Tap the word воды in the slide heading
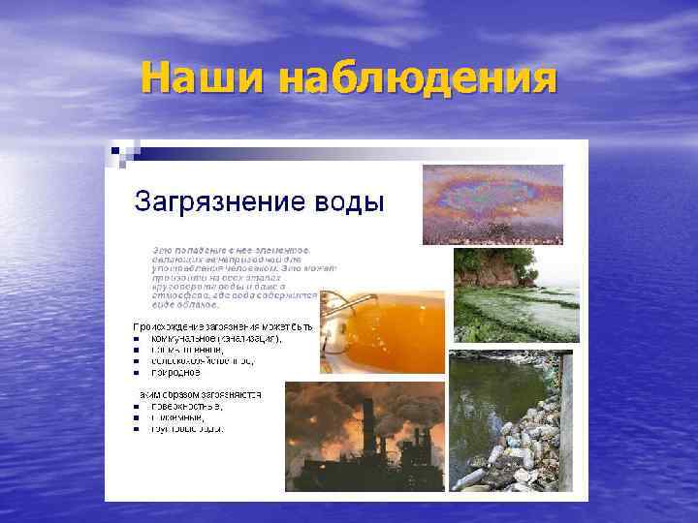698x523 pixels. pos(350,203)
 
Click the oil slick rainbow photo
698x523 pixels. pos(492,203)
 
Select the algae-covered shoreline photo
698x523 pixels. pos(516,295)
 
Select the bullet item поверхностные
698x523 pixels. pos(185,407)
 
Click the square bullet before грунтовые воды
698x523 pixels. pos(137,429)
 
